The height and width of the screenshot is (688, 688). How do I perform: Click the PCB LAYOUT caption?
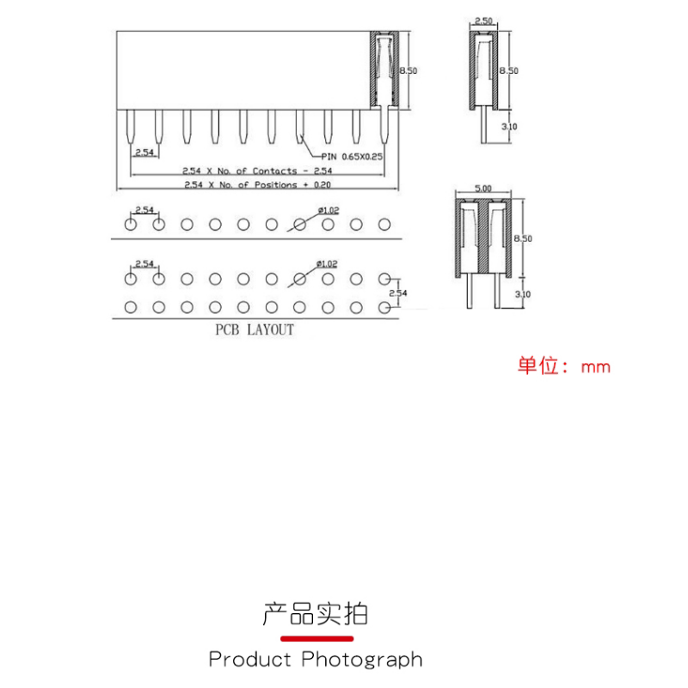tap(254, 330)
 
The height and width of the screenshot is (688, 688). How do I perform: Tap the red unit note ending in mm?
tap(563, 366)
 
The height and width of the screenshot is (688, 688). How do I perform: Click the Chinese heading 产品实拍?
tap(315, 614)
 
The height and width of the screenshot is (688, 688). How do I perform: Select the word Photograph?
tap(362, 660)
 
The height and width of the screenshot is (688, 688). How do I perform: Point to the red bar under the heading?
tap(318, 639)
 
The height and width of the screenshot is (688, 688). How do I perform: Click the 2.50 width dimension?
tap(484, 20)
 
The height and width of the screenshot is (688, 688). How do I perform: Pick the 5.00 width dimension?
tap(482, 188)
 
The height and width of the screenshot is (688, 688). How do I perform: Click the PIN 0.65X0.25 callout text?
tap(353, 156)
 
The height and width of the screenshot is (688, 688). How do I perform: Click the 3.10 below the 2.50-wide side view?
tap(509, 126)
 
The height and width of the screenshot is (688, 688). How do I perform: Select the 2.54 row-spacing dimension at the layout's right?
tap(398, 293)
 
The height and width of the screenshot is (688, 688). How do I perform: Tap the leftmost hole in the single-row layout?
tap(131, 224)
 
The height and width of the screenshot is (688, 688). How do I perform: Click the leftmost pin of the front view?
tap(131, 128)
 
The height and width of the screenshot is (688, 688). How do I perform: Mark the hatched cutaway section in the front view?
tap(384, 69)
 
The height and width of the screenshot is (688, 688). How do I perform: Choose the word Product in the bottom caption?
tap(250, 660)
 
